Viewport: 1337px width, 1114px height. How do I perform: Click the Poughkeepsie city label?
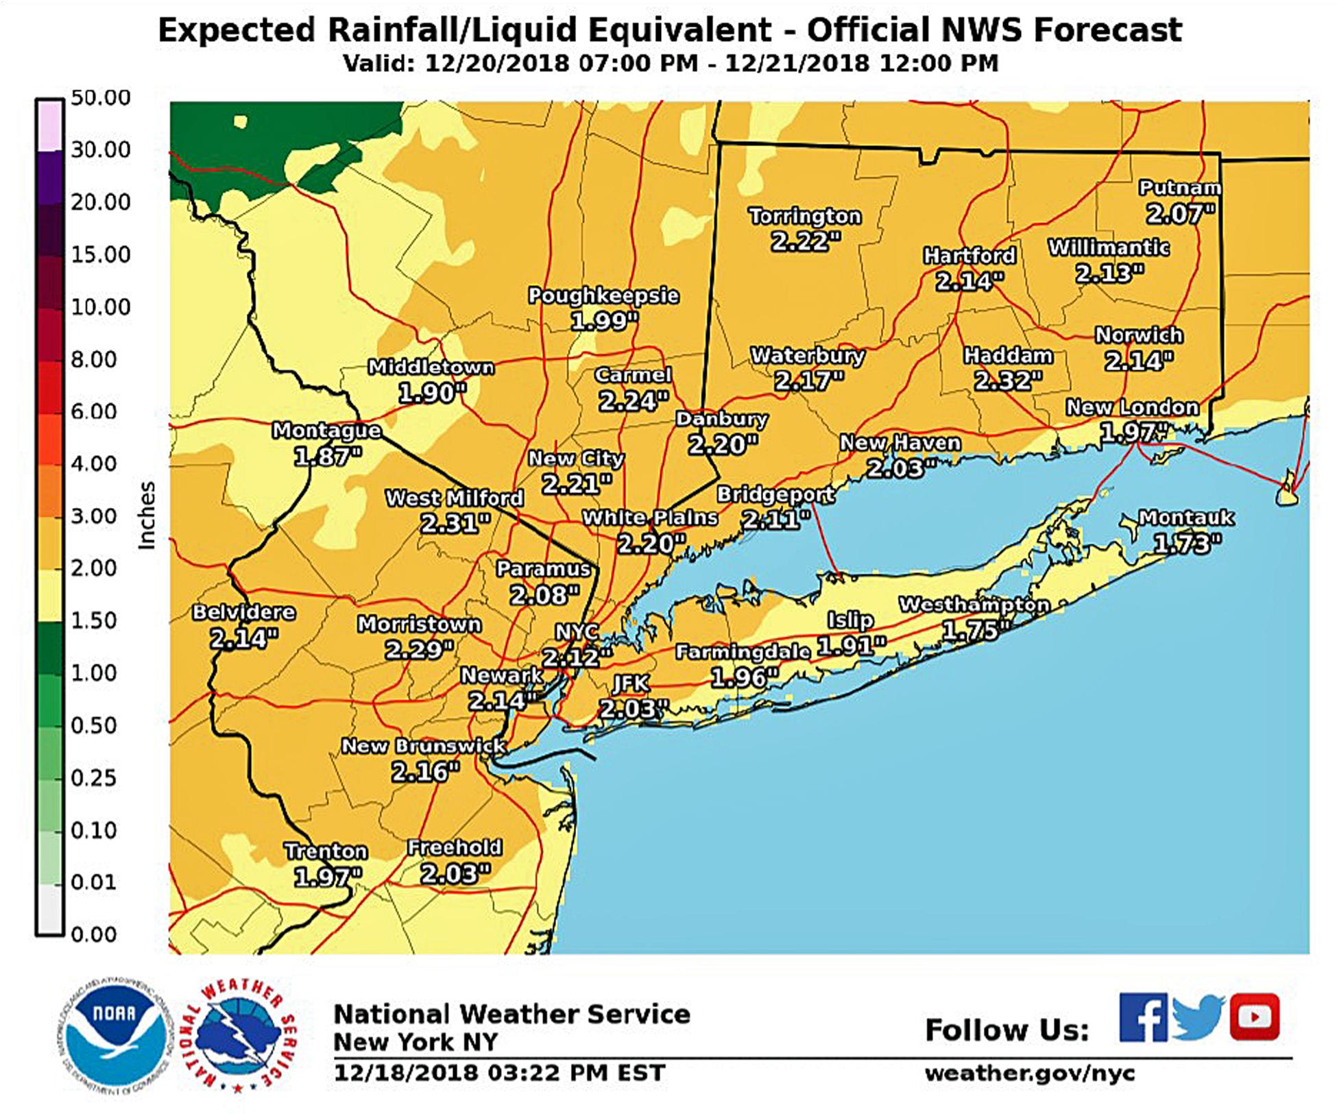click(x=603, y=295)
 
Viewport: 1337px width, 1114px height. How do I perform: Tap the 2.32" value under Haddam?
click(x=1008, y=380)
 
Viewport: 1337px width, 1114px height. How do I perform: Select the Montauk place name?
click(x=1186, y=518)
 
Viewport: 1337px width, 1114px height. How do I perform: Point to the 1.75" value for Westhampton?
click(x=975, y=630)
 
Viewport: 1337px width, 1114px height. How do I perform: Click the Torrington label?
click(x=804, y=216)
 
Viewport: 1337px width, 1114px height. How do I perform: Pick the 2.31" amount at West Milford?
click(x=455, y=524)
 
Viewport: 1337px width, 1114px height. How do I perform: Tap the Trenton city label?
click(x=326, y=851)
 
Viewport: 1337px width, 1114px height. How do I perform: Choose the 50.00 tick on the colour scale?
click(x=100, y=97)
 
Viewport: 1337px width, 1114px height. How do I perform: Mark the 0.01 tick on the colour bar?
click(x=93, y=882)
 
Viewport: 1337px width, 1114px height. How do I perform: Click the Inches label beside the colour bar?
click(x=147, y=516)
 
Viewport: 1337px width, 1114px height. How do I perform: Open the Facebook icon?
click(x=1143, y=1017)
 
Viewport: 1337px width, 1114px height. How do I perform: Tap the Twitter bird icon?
click(x=1198, y=1017)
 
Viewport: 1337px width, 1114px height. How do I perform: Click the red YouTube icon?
click(x=1254, y=1017)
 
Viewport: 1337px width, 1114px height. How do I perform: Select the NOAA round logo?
click(x=115, y=1034)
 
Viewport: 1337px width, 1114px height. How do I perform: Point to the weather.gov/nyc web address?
click(x=1029, y=1073)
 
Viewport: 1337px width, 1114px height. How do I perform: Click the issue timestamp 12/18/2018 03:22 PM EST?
click(x=499, y=1073)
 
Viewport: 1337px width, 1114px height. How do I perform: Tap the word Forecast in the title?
click(x=1107, y=30)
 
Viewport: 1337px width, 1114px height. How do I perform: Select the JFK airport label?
click(x=630, y=683)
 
